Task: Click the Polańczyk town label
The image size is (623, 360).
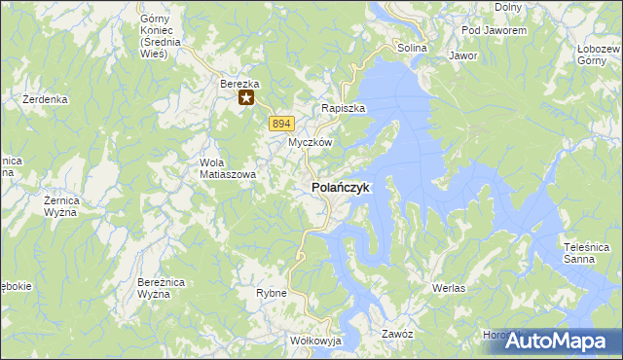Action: (340, 188)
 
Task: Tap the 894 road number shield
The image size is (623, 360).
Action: (280, 123)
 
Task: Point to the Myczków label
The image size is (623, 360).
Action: (311, 142)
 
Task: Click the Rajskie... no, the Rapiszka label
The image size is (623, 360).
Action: (344, 108)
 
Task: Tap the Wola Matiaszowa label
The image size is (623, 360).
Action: (227, 168)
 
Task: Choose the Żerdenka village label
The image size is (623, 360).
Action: (45, 99)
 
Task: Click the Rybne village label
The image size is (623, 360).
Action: (271, 292)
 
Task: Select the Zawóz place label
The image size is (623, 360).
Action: (397, 333)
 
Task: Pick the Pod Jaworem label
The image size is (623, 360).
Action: (495, 31)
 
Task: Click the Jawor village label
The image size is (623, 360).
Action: (462, 56)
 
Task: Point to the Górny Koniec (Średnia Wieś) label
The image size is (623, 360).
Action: (155, 36)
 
